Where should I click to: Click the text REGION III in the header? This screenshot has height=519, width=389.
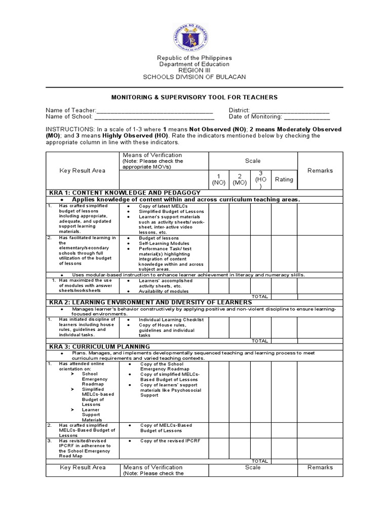194,70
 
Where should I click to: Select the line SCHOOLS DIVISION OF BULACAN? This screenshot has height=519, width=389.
194,77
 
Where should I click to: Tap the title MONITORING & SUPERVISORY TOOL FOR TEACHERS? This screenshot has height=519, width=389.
194,97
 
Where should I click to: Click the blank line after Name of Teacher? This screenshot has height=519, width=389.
154,110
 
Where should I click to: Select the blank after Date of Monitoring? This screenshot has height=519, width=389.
302,117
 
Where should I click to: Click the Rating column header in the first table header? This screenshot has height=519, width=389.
284,179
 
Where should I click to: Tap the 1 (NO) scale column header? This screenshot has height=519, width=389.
219,179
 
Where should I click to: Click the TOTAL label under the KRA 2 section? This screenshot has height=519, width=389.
260,341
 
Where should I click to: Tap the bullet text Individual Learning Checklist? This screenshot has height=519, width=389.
171,320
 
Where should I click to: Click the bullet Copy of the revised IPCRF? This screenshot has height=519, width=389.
170,441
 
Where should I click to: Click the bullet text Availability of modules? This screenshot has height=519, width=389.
164,291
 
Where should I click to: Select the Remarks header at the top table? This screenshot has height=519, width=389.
320,171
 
